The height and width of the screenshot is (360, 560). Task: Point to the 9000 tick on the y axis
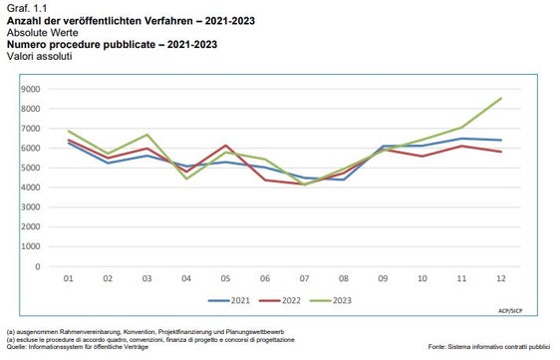[30, 89]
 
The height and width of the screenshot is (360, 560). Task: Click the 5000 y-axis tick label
[30, 168]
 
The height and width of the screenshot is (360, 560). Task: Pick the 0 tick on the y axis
[38, 265]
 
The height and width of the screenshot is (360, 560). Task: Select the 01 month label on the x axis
[69, 278]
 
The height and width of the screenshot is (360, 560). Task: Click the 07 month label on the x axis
[305, 278]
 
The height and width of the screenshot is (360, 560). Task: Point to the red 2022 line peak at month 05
[226, 146]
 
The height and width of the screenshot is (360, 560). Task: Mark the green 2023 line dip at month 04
[186, 179]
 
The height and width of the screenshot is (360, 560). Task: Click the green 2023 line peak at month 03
[147, 135]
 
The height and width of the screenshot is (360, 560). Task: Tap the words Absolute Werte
[38, 31]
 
